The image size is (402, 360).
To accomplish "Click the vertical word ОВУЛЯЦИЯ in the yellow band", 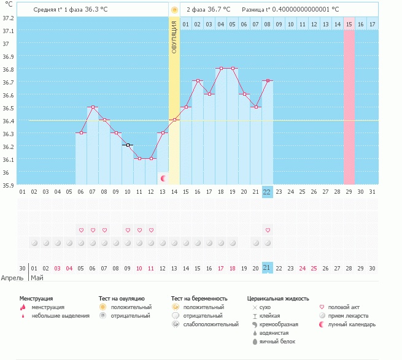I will (x=174, y=37).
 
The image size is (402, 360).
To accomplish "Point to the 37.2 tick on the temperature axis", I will (x=7, y=18).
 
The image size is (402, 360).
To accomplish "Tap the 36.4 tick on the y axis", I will (x=7, y=121).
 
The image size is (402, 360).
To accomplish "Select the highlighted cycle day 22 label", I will (x=266, y=191).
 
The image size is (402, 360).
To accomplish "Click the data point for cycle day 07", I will (x=93, y=107).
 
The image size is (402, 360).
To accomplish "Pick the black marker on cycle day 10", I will (x=128, y=145).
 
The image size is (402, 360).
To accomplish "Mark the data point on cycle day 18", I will (x=220, y=69).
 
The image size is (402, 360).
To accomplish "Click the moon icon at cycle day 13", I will (x=163, y=178).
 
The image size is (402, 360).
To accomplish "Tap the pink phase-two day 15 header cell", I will (x=349, y=24).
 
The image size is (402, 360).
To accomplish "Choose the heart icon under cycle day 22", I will (x=268, y=230).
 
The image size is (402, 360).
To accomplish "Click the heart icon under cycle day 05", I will (x=81, y=230).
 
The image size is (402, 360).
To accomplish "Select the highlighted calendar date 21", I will (x=266, y=268).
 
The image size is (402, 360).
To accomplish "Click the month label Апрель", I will (x=12, y=277).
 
